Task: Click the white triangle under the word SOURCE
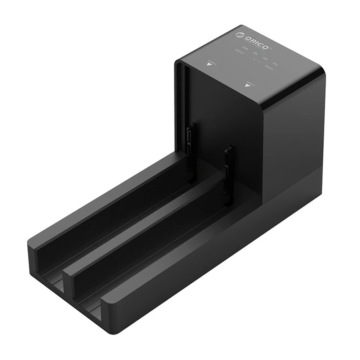coord(209,64)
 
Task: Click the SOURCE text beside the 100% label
coord(239,52)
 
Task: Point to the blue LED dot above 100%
coord(248,45)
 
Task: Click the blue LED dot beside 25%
coord(279,62)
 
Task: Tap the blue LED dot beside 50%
coord(269,57)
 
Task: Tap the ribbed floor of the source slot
coord(54,284)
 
